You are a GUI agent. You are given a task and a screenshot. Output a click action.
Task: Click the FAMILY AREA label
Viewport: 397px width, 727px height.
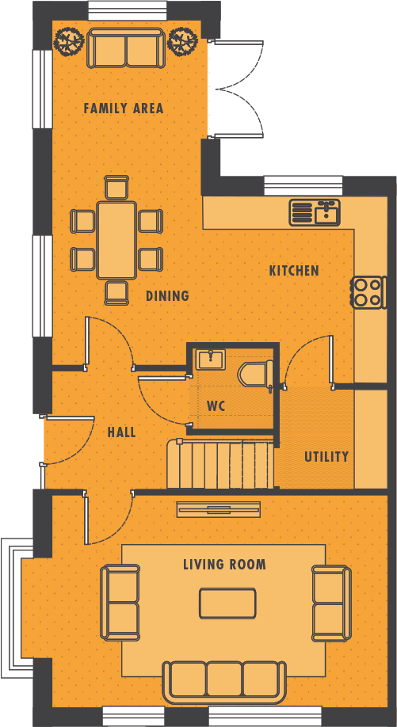124,108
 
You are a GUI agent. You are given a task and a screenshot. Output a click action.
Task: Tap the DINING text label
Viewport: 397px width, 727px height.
167,296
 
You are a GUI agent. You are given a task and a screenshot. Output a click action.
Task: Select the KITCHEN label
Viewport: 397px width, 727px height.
294,271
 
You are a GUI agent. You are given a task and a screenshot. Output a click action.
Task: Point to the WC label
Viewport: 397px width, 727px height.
216,406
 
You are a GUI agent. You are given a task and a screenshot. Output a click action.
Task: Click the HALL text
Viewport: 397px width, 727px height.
121,432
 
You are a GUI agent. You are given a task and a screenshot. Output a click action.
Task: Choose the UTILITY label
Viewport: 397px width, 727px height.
326,457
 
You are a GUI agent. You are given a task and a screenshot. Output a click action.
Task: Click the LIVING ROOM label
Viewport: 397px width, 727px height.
224,565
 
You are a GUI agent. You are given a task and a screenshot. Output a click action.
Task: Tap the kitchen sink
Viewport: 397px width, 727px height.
315,212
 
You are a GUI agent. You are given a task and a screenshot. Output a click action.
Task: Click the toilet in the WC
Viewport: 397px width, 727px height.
257,375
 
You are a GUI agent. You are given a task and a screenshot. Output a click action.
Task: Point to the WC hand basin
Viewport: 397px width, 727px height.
211,359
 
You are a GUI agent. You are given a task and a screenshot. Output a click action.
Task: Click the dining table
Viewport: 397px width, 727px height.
116,240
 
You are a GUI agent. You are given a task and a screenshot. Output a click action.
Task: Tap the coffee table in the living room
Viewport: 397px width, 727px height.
227,603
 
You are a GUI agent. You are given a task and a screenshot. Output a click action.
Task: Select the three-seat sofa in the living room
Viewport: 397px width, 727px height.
224,680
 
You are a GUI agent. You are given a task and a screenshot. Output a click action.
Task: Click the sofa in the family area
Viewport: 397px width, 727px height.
125,49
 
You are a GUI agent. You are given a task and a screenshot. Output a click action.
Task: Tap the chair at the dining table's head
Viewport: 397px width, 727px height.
116,187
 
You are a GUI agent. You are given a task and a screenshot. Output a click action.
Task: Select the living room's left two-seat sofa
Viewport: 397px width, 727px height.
120,603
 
